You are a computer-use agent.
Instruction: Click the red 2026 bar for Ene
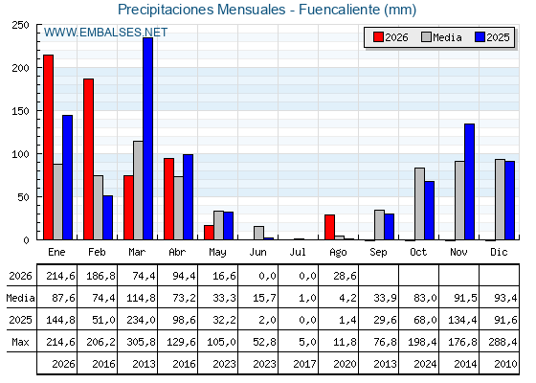point(48,147)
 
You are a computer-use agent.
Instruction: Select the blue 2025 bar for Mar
point(148,139)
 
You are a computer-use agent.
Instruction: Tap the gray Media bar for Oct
point(420,204)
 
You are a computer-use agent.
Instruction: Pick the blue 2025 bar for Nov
point(469,182)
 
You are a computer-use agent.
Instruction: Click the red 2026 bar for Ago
point(329,227)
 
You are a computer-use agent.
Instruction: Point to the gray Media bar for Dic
point(500,199)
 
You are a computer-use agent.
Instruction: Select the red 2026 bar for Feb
point(88,159)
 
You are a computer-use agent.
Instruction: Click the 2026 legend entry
point(391,37)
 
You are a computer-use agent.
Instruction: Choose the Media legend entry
point(441,37)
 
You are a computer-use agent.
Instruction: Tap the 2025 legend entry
point(492,37)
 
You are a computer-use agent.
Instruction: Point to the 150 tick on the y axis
point(20,111)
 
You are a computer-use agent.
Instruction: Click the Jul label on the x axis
point(298,252)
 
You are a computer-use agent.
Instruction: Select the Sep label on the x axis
point(378,253)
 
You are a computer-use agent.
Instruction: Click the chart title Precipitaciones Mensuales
point(201,10)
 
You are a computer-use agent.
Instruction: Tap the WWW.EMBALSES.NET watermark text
point(105,33)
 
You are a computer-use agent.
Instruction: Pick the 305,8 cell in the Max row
point(141,342)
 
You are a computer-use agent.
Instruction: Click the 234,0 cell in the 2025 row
point(141,320)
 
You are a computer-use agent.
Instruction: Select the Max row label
point(20,342)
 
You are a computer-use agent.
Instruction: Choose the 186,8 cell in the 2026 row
point(100,276)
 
